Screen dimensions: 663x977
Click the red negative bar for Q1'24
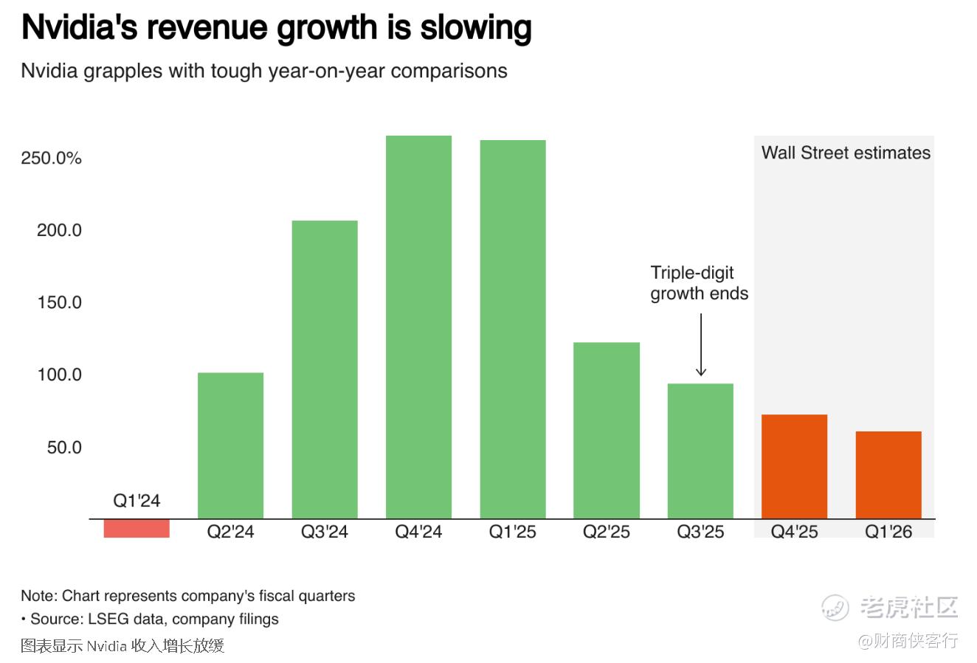click(137, 528)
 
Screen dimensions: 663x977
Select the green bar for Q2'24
click(230, 445)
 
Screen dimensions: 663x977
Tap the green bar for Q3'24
click(325, 369)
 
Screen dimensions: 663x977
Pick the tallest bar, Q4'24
click(418, 327)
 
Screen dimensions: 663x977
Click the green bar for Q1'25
click(513, 329)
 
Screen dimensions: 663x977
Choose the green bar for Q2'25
click(607, 430)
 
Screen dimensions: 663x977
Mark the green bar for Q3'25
click(700, 451)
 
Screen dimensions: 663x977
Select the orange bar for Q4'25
click(794, 466)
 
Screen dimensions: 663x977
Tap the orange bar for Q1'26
click(888, 474)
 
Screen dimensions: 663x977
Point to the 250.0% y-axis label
click(51, 159)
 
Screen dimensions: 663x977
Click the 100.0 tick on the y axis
click(59, 375)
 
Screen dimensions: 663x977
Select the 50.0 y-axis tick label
click(64, 448)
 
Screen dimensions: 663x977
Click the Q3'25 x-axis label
click(700, 532)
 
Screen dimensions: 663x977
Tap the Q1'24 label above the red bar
click(137, 501)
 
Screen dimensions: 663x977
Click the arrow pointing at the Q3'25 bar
click(701, 344)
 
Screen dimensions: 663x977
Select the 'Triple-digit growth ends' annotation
click(699, 283)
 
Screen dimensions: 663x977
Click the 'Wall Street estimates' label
click(846, 153)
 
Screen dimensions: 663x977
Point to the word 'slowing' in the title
click(476, 28)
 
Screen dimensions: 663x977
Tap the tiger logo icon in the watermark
click(836, 608)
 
